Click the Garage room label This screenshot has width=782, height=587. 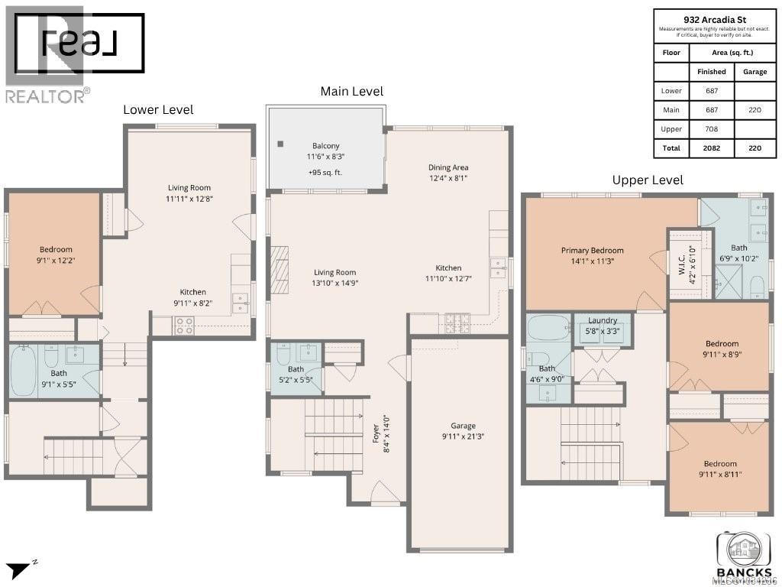pyautogui.click(x=463, y=426)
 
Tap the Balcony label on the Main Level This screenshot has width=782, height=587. pyautogui.click(x=325, y=146)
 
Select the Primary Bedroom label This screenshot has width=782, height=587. pyautogui.click(x=592, y=250)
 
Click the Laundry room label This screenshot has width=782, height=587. pyautogui.click(x=602, y=321)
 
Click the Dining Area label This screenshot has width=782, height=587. pyautogui.click(x=448, y=167)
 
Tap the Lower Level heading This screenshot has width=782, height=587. pyautogui.click(x=158, y=109)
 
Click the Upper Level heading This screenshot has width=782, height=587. pyautogui.click(x=648, y=180)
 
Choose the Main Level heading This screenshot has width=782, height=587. pyautogui.click(x=351, y=91)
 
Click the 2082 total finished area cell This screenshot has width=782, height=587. pyautogui.click(x=711, y=149)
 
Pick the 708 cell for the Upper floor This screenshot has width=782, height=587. pyautogui.click(x=711, y=129)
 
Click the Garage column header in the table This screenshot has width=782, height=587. pyautogui.click(x=755, y=71)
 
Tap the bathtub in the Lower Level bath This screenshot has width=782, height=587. pyautogui.click(x=23, y=371)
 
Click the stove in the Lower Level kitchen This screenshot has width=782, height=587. pyautogui.click(x=184, y=326)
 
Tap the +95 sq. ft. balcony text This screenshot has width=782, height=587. pyautogui.click(x=325, y=172)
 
